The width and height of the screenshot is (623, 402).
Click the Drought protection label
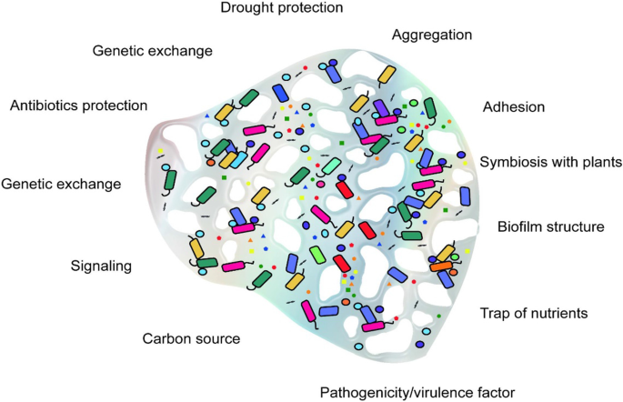tap(281, 8)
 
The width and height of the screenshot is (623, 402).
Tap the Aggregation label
tap(432, 35)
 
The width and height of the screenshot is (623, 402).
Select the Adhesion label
tap(514, 107)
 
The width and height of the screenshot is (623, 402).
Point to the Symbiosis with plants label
tap(550, 161)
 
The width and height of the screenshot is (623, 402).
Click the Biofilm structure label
tap(551, 226)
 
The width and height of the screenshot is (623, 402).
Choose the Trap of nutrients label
tap(534, 313)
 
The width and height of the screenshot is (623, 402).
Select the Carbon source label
tap(191, 339)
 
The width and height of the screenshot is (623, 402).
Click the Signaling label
tap(101, 266)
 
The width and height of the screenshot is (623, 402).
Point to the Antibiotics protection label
tap(78, 106)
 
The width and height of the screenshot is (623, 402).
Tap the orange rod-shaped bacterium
tap(440, 266)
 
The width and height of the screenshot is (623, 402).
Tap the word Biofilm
tap(523, 226)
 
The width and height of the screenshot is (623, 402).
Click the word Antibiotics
tap(45, 106)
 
